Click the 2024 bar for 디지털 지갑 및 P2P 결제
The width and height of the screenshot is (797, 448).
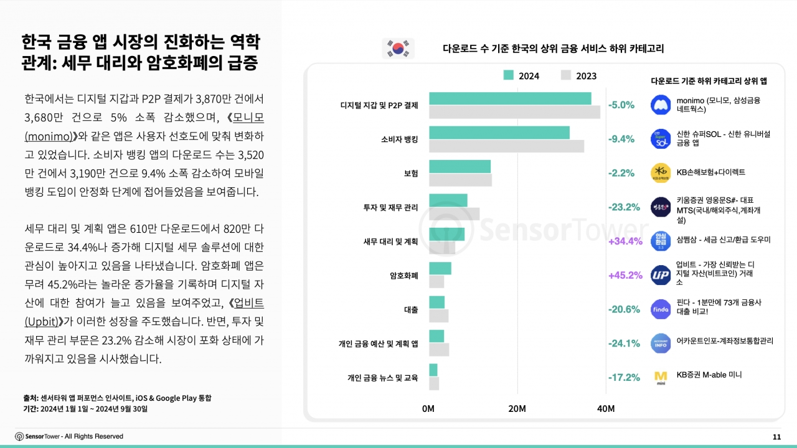(x=509, y=98)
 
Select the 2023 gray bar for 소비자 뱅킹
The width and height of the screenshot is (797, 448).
(x=506, y=146)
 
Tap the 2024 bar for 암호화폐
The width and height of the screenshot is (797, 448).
(x=440, y=268)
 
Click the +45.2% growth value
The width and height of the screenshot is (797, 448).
(x=625, y=275)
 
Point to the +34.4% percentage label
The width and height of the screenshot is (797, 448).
(x=625, y=241)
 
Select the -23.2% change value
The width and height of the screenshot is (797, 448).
(x=623, y=207)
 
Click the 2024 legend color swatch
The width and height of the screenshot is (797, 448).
(x=509, y=75)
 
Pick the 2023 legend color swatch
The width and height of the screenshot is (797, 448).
(x=566, y=75)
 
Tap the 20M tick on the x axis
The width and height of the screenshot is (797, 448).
(x=517, y=409)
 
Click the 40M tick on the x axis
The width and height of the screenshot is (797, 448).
(x=606, y=409)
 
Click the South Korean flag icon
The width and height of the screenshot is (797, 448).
(x=398, y=48)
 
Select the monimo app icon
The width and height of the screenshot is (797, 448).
(x=660, y=105)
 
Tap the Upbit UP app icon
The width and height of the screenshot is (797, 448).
(x=660, y=275)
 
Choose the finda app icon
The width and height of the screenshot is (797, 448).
(x=660, y=309)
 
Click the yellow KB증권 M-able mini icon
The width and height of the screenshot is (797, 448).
(x=660, y=377)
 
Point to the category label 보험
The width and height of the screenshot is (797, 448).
(x=411, y=174)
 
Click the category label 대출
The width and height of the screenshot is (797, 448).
(x=411, y=310)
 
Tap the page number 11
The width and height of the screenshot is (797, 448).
(x=776, y=437)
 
